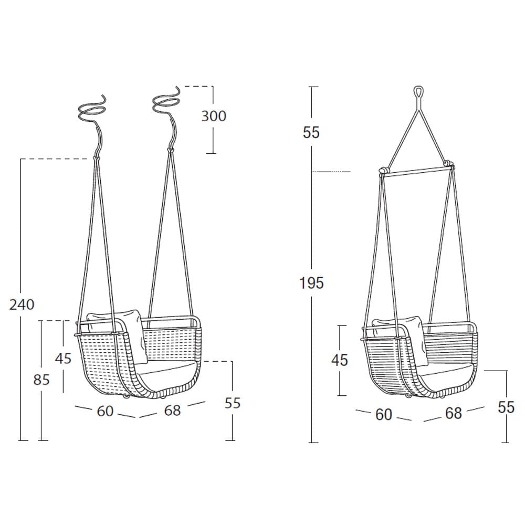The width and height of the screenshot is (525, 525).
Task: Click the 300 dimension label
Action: pos(214,116)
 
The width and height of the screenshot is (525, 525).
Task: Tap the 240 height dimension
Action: pos(22,304)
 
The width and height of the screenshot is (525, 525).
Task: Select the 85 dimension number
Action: pos(41,380)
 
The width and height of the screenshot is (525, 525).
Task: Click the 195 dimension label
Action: pos(311,283)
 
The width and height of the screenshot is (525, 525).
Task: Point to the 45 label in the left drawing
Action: pos(64,358)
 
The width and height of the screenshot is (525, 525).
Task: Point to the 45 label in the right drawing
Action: pos(340,360)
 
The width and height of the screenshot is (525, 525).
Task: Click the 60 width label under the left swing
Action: pos(105,411)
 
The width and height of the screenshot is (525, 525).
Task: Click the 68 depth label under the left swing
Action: pos(172,410)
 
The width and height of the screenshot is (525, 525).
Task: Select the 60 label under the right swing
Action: pos(384,415)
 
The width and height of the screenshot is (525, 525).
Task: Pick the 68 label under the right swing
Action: pos(454,413)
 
